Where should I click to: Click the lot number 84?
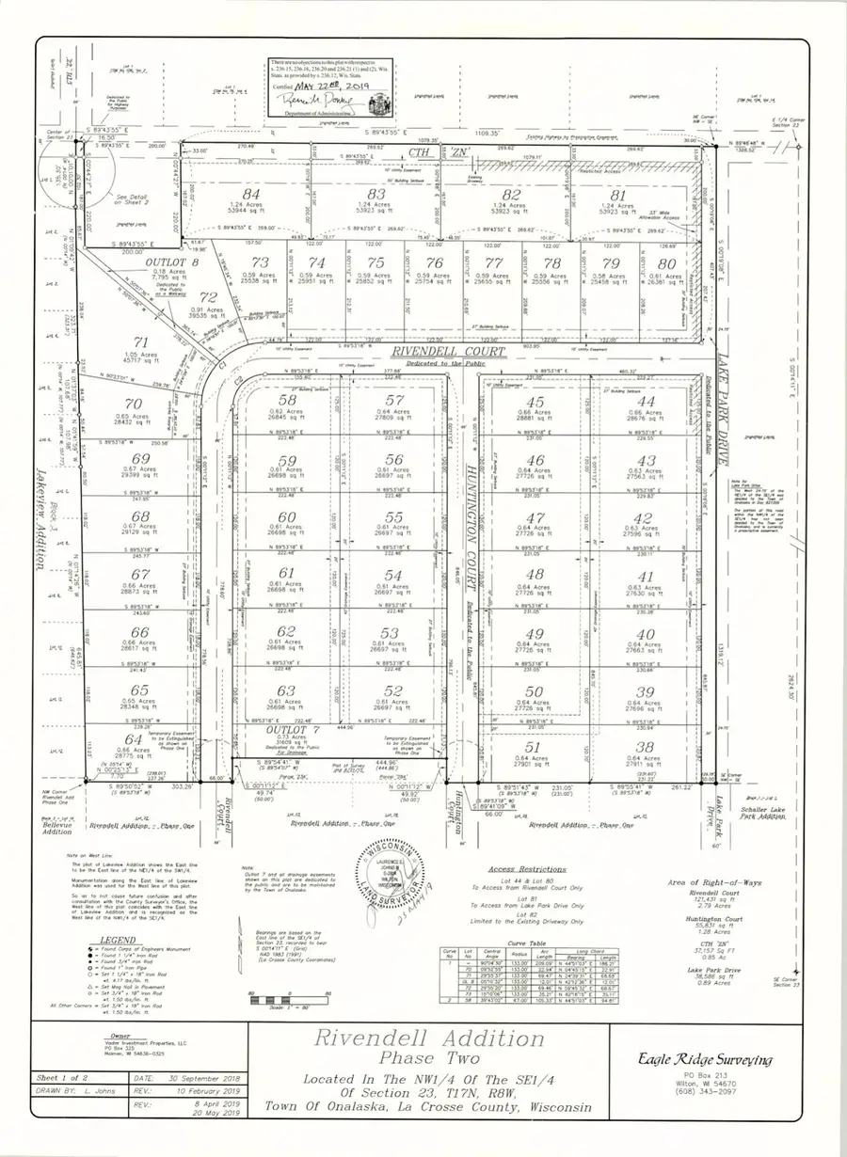point(251,194)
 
